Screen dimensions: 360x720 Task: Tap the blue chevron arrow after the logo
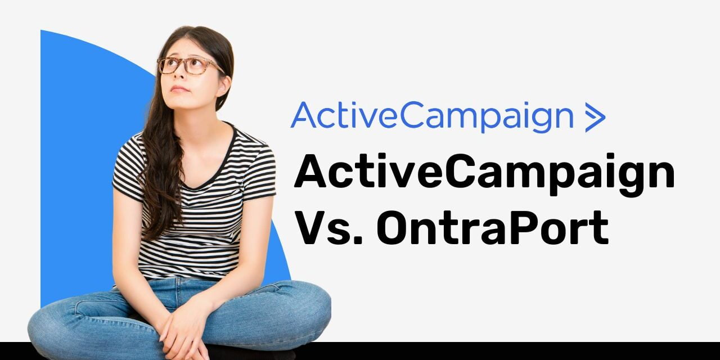pos(595,117)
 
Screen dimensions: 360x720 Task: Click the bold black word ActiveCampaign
pos(484,173)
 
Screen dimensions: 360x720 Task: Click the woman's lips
pos(179,89)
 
